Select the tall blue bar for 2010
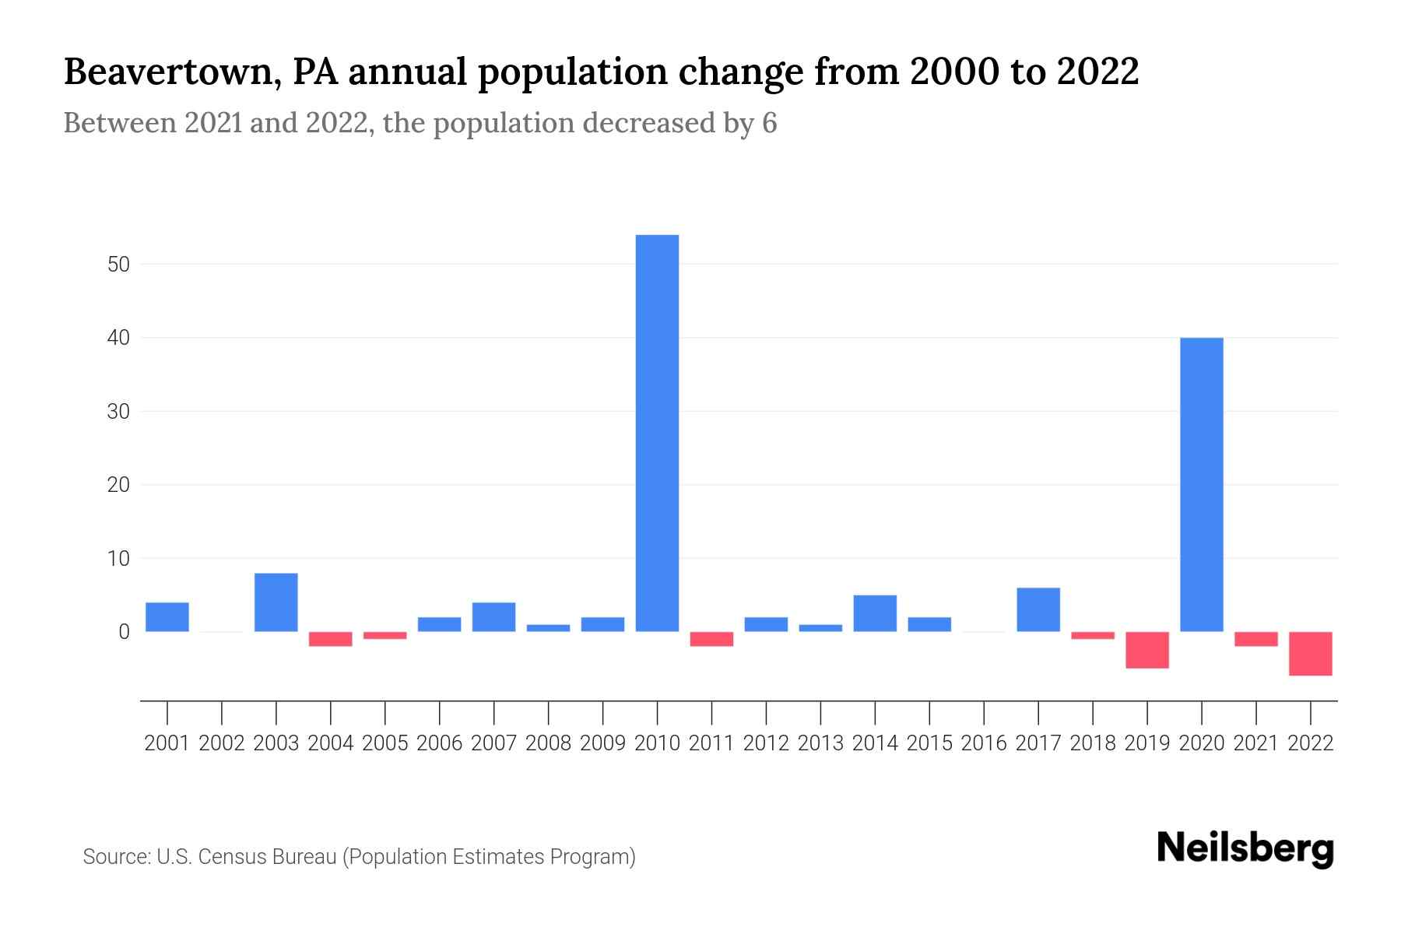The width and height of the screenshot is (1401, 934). pyautogui.click(x=657, y=433)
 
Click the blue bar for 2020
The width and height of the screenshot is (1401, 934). pyautogui.click(x=1201, y=484)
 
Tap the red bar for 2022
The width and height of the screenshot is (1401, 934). pyautogui.click(x=1310, y=653)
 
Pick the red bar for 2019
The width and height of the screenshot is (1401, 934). pyautogui.click(x=1146, y=650)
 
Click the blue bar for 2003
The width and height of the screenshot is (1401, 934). pyautogui.click(x=276, y=602)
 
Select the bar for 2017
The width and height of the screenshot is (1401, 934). pyautogui.click(x=1038, y=609)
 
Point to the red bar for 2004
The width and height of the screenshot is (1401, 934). pyautogui.click(x=331, y=639)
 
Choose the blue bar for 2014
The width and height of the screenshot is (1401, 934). pyautogui.click(x=875, y=613)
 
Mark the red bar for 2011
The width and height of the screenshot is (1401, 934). pyautogui.click(x=711, y=639)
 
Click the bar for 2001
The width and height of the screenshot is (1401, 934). pyautogui.click(x=167, y=617)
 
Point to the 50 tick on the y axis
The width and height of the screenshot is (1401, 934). pyautogui.click(x=118, y=265)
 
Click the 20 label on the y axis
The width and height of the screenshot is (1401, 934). pyautogui.click(x=118, y=485)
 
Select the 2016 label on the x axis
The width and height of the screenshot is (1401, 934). pyautogui.click(x=984, y=743)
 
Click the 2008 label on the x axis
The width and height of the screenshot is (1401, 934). pyautogui.click(x=548, y=743)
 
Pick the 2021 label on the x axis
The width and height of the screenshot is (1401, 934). pyautogui.click(x=1255, y=743)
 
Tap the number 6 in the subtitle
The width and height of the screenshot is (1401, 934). pyautogui.click(x=769, y=124)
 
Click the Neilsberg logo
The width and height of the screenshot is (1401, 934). pyautogui.click(x=1245, y=849)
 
